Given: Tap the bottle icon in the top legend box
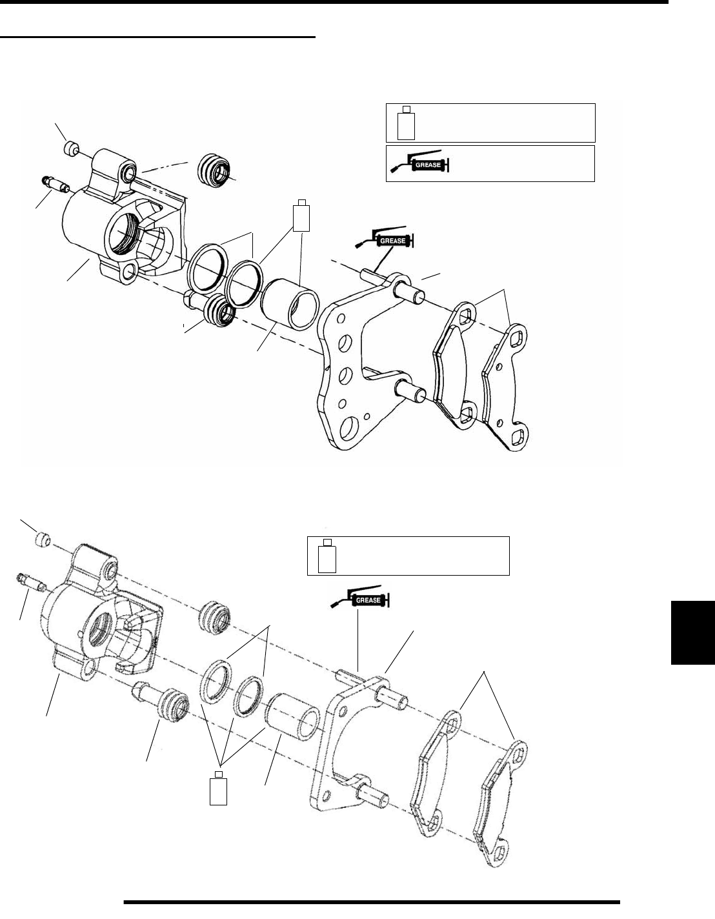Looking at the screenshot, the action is point(405,123).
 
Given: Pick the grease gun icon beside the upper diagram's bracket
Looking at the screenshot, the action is point(385,240).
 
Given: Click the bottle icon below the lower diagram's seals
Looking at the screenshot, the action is point(219,788).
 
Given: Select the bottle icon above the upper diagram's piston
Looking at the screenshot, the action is point(301,216).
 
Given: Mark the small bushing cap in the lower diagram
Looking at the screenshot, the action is point(43,538).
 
